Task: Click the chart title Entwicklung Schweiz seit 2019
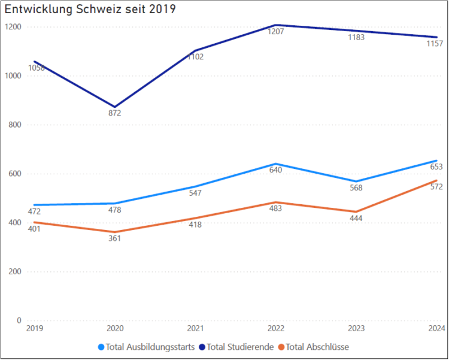click(x=90, y=10)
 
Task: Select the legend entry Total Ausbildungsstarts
click(x=150, y=347)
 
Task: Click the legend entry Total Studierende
click(x=240, y=347)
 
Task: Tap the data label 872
click(x=115, y=113)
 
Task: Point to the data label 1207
click(x=276, y=31)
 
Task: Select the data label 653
click(x=436, y=167)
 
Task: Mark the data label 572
click(x=436, y=187)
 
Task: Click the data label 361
click(x=114, y=238)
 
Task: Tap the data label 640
click(x=276, y=170)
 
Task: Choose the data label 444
click(x=356, y=218)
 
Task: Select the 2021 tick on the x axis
click(x=195, y=329)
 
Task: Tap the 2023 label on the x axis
click(x=356, y=329)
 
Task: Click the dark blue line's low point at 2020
click(x=115, y=107)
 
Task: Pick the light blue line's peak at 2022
click(x=276, y=164)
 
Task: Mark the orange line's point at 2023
click(x=356, y=211)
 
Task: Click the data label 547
click(x=195, y=193)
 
